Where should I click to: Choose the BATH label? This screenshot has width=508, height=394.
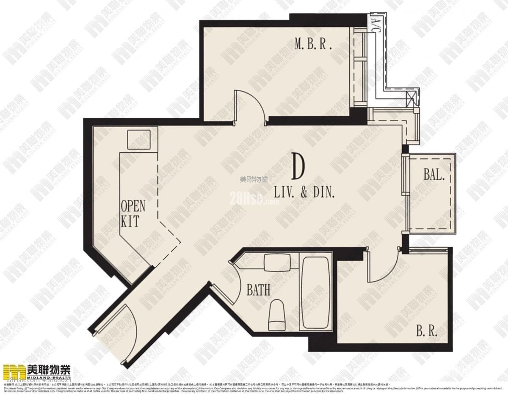click(258, 291)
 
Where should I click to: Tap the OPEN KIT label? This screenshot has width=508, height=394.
click(133, 214)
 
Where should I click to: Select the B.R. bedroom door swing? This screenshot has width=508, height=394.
click(381, 265)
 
